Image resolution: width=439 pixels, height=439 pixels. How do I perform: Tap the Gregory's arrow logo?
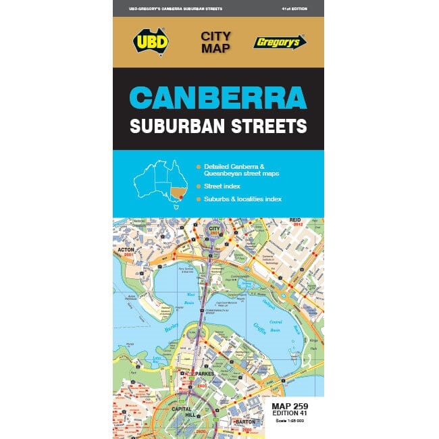[280, 41]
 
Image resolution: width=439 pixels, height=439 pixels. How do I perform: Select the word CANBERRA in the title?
[218, 99]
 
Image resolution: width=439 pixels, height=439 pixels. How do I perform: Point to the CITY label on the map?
[214, 230]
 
